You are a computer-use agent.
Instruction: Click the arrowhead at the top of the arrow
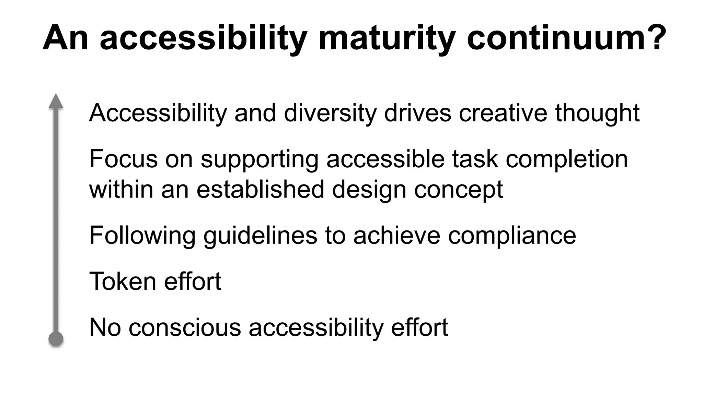[56, 101]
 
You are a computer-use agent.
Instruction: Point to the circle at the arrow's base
[56, 339]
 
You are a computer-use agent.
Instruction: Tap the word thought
[597, 113]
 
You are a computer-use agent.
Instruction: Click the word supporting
[260, 159]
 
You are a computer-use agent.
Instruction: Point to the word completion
[567, 159]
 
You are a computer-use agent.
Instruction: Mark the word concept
[459, 190]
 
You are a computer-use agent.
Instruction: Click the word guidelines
[260, 236]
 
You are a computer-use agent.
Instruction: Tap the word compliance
[512, 236]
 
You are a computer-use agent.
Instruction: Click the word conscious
[185, 327]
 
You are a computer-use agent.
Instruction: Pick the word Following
[142, 236]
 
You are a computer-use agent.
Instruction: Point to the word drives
[417, 113]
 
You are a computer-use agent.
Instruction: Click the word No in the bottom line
[105, 327]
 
